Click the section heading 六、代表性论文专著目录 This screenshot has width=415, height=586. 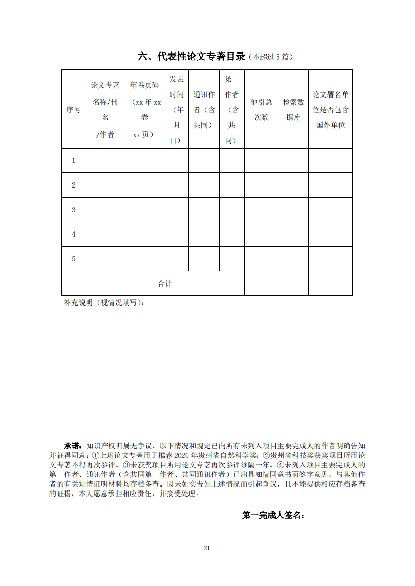(191, 57)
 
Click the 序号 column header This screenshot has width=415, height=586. (73, 109)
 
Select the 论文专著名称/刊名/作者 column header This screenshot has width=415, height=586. (105, 109)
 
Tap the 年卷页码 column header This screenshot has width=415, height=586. (145, 109)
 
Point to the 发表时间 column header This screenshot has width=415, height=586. (177, 109)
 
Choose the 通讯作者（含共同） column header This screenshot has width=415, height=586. (204, 109)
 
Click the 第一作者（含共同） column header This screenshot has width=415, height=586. (231, 109)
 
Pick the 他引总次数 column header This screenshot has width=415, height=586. (261, 109)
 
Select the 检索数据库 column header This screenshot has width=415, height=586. (293, 109)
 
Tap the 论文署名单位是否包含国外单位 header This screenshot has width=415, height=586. (330, 109)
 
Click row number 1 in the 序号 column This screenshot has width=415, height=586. (73, 160)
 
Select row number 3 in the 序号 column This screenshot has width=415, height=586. (73, 210)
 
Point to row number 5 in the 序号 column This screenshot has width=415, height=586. (73, 259)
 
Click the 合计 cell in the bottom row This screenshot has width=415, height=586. (165, 284)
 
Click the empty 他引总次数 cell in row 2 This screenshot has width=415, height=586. (261, 185)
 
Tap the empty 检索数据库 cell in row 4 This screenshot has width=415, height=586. (293, 234)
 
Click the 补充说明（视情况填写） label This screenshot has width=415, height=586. (104, 303)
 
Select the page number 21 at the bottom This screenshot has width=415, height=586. (207, 548)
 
